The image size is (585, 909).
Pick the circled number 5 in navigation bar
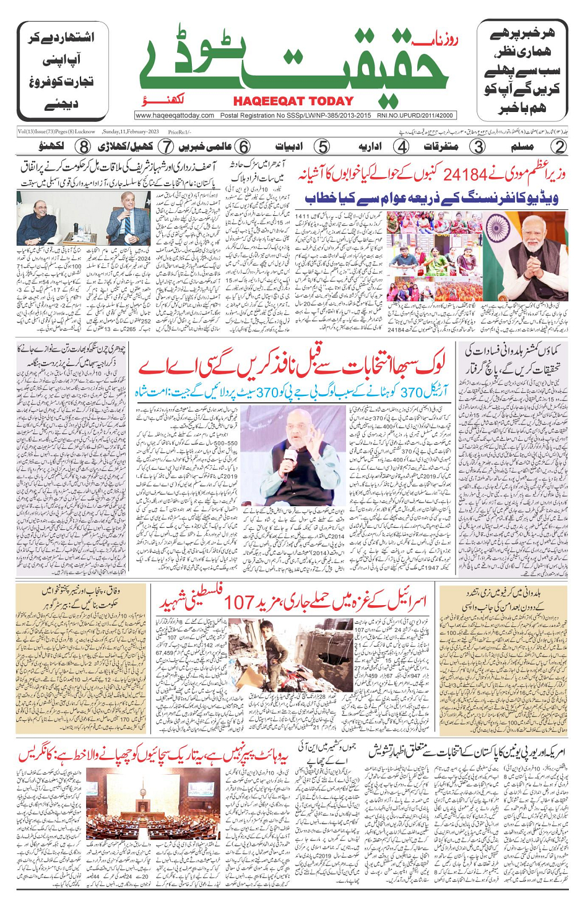[x=322, y=147]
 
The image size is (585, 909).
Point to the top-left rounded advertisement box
[x=61, y=70]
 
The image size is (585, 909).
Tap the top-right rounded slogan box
[x=522, y=70]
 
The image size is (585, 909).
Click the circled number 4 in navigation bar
[x=402, y=147]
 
